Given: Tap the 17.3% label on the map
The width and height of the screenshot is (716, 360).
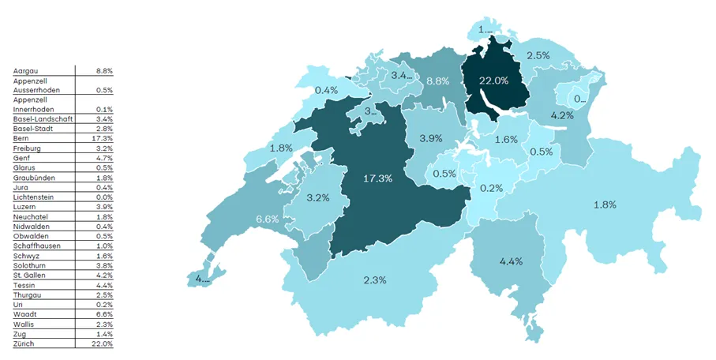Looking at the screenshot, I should coord(377,178).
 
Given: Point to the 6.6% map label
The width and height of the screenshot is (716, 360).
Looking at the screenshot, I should coord(268,219).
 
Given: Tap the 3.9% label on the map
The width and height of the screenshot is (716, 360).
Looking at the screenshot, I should coord(430,138).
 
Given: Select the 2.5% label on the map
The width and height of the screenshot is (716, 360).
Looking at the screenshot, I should coord(538,55).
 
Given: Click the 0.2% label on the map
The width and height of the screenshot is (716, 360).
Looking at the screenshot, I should coord(493,188).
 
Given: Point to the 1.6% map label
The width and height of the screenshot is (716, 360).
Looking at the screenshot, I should coord(506,140).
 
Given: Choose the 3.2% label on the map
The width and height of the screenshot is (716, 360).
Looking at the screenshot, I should coord(317,197).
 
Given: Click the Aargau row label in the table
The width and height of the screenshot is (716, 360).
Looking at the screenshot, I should coord(27,70).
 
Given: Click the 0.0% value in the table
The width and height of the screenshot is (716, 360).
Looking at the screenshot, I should coord(103,197).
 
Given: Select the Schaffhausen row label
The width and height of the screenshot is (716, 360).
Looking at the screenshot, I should coord(37,246).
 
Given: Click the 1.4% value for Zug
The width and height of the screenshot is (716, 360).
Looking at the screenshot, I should coord(103,334).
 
